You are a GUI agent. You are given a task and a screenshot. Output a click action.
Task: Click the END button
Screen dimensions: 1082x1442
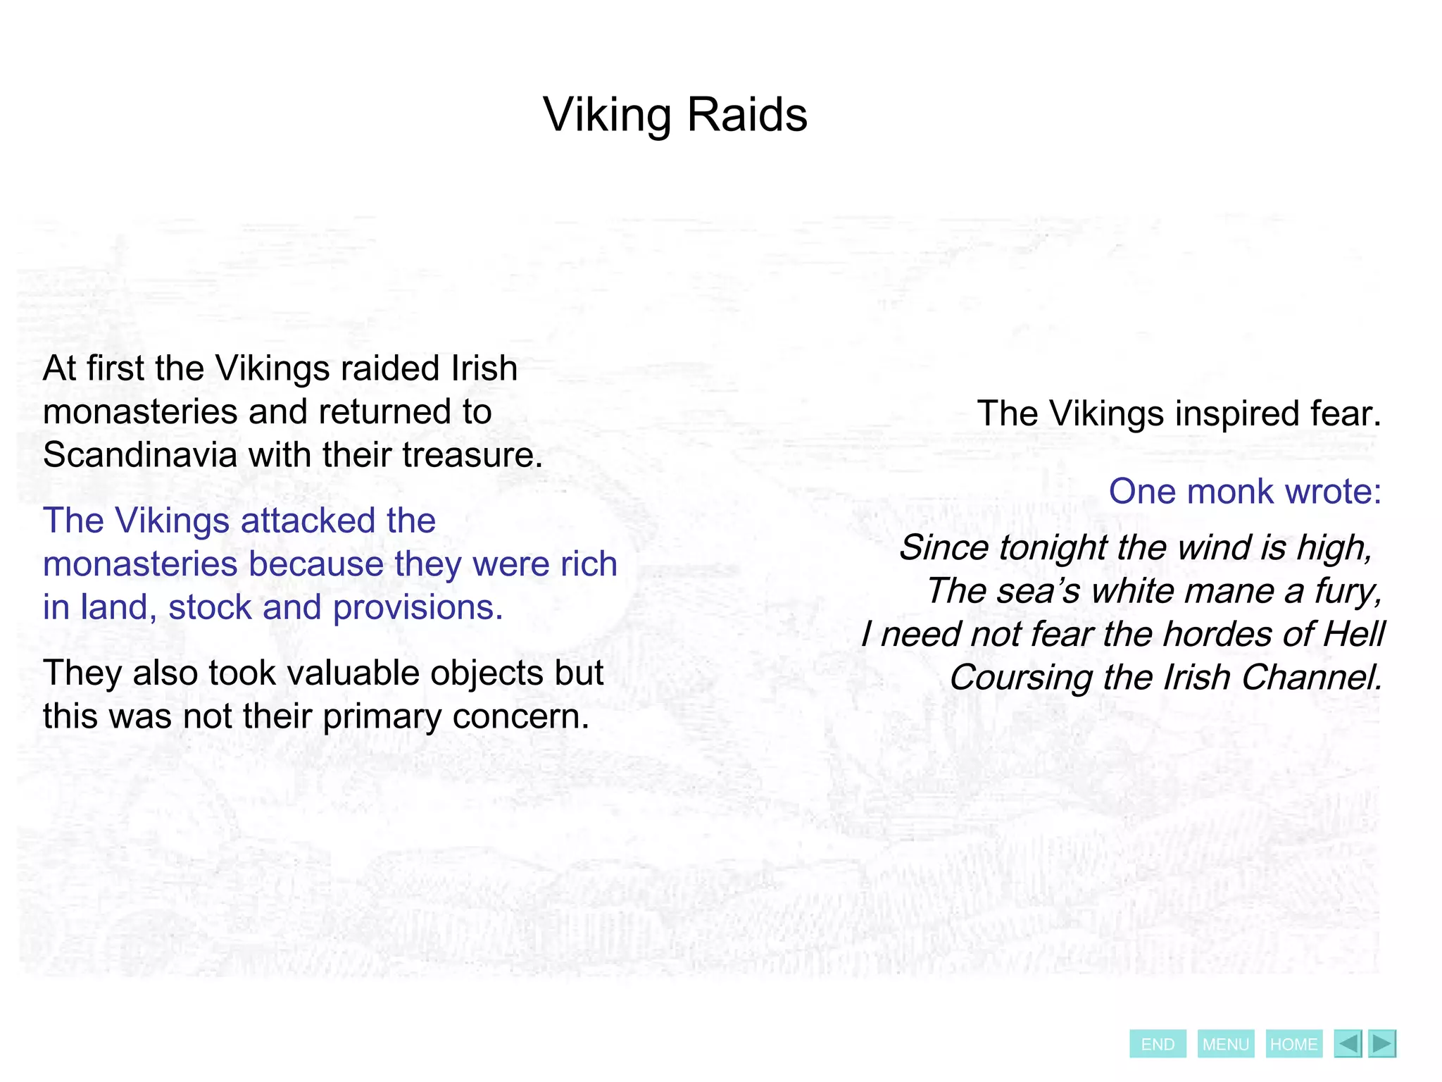pos(1158,1044)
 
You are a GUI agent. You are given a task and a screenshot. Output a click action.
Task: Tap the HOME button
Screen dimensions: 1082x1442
pos(1293,1044)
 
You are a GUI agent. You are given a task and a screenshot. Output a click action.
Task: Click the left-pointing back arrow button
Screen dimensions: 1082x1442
pos(1348,1043)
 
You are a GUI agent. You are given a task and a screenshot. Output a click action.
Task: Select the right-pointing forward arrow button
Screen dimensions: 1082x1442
pos(1382,1043)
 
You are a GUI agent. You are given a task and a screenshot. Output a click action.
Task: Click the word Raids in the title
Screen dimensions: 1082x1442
pos(747,115)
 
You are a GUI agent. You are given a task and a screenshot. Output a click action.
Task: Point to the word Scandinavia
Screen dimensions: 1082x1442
pos(140,455)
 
